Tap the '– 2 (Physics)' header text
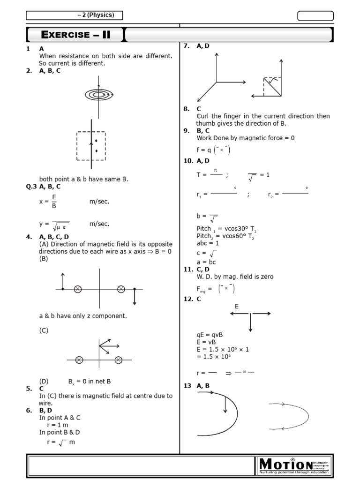pyautogui.click(x=96, y=15)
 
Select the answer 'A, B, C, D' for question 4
pyautogui.click(x=54, y=237)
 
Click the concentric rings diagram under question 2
pyautogui.click(x=98, y=95)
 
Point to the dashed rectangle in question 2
pyautogui.click(x=91, y=145)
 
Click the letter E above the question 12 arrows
pyautogui.click(x=237, y=306)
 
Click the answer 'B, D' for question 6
pyautogui.click(x=46, y=410)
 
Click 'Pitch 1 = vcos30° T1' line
pyautogui.click(x=226, y=229)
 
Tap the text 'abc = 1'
pyautogui.click(x=208, y=243)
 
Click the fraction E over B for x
pyautogui.click(x=54, y=201)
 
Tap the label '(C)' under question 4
pyautogui.click(x=44, y=330)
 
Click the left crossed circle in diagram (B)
pyautogui.click(x=78, y=289)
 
